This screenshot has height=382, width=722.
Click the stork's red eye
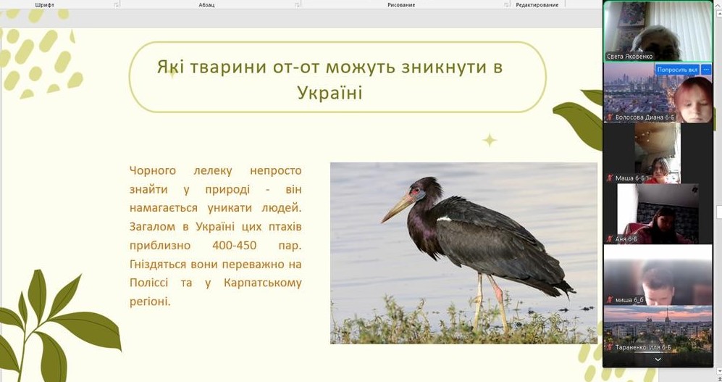click(416, 190)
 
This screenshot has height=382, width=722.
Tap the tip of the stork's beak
click(382, 222)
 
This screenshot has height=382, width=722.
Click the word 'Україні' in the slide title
click(329, 93)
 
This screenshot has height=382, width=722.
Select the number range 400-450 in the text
click(235, 245)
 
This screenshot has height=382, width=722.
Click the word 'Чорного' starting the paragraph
click(152, 171)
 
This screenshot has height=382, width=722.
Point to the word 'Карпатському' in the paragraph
click(262, 283)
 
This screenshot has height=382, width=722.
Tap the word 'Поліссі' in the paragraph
click(148, 283)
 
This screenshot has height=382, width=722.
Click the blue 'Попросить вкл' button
click(677, 70)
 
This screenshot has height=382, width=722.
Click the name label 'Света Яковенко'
click(629, 57)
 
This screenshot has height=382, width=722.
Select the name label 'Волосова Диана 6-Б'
click(645, 117)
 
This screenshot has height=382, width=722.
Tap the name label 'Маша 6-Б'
click(630, 178)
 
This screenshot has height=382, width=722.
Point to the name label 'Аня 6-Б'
click(626, 239)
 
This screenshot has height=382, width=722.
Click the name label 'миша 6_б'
click(629, 300)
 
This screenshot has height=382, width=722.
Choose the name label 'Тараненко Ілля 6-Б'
click(643, 347)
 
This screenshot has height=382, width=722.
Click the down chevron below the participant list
click(658, 360)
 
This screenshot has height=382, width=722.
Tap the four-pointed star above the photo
click(490, 140)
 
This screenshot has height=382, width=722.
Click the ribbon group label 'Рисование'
click(401, 5)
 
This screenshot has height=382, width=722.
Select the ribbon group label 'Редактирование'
click(537, 5)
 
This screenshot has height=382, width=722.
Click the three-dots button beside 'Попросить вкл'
click(706, 70)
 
